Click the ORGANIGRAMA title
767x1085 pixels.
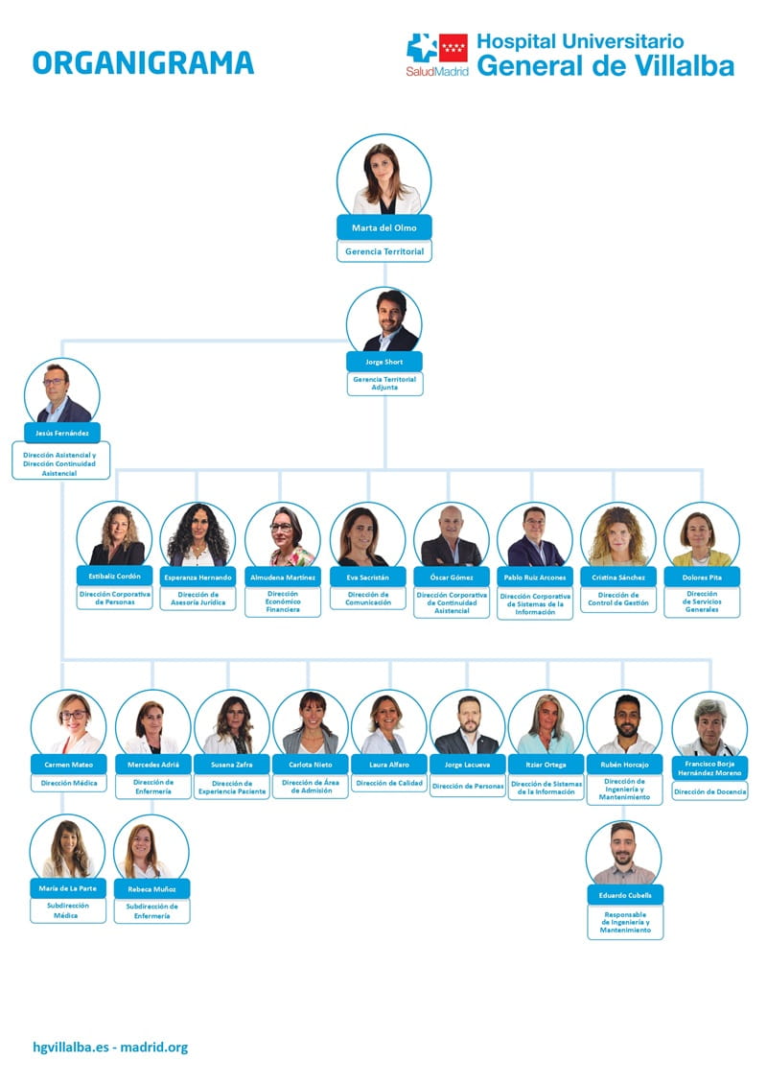[x=143, y=62]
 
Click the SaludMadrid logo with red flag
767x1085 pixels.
[x=437, y=56]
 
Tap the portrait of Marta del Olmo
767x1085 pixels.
[x=384, y=176]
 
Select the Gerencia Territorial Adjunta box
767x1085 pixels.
[x=384, y=384]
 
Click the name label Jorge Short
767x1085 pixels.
[x=384, y=362]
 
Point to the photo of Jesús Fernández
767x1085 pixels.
[x=62, y=393]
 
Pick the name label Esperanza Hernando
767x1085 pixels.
[x=198, y=577]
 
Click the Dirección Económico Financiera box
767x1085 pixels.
[x=283, y=601]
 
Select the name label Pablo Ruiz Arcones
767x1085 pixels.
[x=535, y=577]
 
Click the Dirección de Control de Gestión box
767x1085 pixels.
[x=618, y=599]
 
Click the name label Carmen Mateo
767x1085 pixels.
[x=69, y=765]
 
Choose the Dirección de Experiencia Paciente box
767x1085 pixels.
[x=232, y=788]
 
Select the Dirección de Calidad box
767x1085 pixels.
[x=389, y=784]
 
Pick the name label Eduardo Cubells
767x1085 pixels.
[x=625, y=895]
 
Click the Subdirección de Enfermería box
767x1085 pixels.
[x=151, y=911]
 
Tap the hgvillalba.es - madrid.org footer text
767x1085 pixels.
[x=110, y=1048]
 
